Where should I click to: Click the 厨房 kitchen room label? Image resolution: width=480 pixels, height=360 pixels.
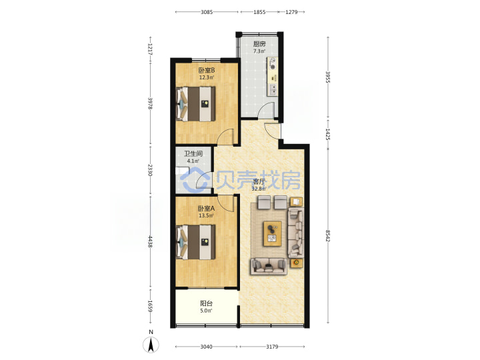point(259,44)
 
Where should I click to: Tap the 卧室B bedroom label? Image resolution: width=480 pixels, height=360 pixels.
point(207,71)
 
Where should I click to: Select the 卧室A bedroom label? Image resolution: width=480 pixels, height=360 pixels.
point(206,209)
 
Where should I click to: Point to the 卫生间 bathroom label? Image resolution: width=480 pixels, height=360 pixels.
point(193,154)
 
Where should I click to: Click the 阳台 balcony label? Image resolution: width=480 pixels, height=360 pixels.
point(206,304)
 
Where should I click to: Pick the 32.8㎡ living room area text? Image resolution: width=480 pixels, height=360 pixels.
point(259,189)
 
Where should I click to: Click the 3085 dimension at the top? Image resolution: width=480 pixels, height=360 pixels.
point(207,12)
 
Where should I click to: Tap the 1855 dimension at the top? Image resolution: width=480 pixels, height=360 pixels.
point(259,12)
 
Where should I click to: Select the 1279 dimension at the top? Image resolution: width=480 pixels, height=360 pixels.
point(291,12)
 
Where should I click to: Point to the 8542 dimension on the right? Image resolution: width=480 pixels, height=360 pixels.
point(327,236)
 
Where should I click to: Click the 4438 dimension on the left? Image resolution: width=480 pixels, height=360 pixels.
point(150,241)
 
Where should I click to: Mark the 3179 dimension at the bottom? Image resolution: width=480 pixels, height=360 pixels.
point(272,347)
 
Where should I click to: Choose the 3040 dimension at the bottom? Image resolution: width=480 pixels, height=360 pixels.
point(206,347)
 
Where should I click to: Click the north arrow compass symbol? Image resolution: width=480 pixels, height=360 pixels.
point(151,345)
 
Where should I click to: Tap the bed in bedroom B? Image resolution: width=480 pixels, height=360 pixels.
point(196,104)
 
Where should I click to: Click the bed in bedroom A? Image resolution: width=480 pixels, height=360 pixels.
point(196,242)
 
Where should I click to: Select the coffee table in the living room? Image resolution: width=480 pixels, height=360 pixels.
point(273,233)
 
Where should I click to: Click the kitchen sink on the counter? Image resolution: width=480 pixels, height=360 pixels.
point(273,89)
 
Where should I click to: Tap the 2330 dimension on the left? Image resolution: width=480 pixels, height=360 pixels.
point(150,170)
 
